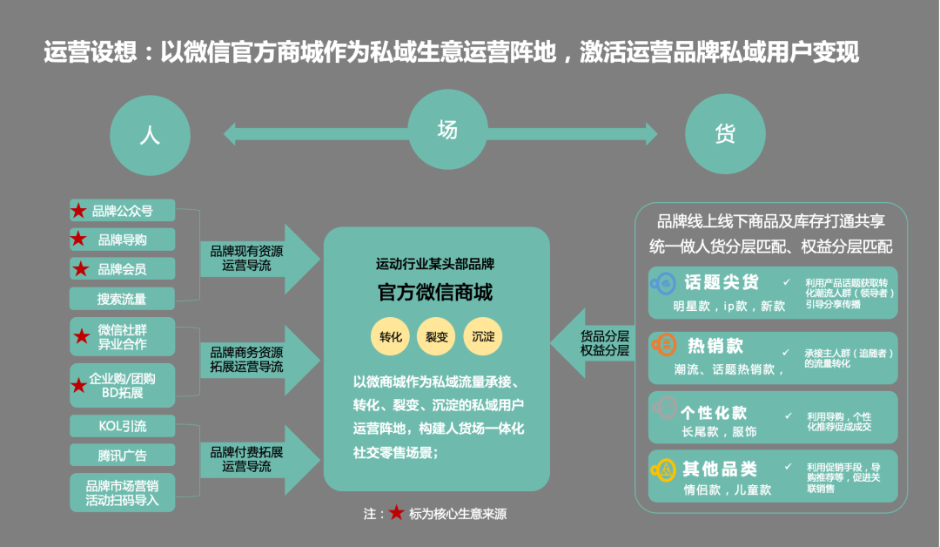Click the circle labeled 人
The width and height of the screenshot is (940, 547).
coord(149,135)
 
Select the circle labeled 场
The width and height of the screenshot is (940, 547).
coord(446,130)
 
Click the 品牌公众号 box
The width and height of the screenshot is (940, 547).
coord(123,210)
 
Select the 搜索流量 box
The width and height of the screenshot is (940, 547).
coord(123,299)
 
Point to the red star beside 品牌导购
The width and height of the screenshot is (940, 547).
coord(79,240)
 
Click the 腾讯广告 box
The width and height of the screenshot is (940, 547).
coord(123,455)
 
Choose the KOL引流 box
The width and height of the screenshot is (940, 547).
coord(123,426)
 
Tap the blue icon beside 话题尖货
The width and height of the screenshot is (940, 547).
coord(664,283)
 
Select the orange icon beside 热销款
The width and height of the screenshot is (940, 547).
coord(664,345)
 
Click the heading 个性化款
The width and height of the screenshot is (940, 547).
coord(715,412)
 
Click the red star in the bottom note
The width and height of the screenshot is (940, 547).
coord(396,513)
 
